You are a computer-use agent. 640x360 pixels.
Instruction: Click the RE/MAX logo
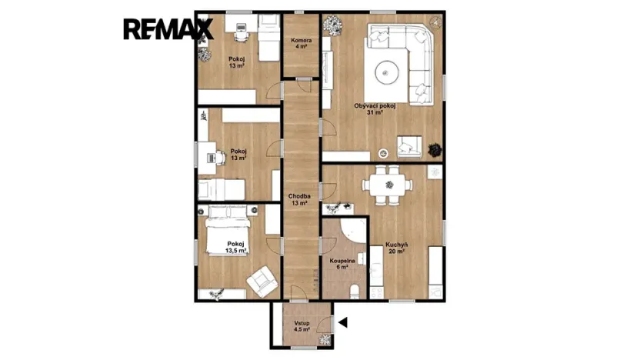tap(168, 29)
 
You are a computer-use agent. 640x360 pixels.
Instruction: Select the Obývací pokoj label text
tap(375, 108)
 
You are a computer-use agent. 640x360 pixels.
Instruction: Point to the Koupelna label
tap(342, 265)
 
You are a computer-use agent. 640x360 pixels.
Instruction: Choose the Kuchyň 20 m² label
tap(397, 248)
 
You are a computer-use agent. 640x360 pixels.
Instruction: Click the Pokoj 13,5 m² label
tap(235, 247)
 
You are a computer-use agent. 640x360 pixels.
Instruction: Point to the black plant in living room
tap(435, 148)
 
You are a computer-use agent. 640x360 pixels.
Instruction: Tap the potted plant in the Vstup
tap(325, 338)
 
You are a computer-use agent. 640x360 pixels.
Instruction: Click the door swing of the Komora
tap(300, 85)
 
